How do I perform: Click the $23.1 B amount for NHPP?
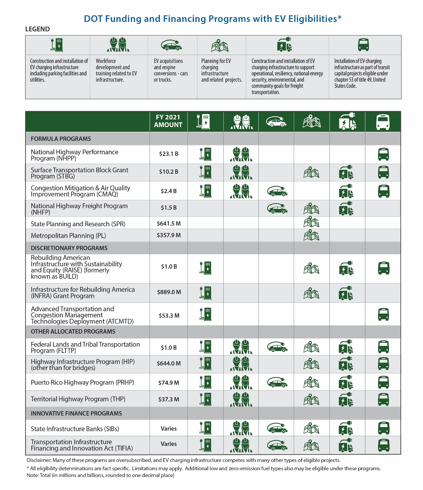click(x=168, y=154)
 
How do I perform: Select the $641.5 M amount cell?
click(x=168, y=224)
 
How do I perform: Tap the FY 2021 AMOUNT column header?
click(x=168, y=121)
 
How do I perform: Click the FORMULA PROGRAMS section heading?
click(x=61, y=139)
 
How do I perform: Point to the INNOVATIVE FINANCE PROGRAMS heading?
click(x=76, y=413)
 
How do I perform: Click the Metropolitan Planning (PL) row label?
click(x=68, y=236)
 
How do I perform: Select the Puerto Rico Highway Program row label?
click(x=82, y=383)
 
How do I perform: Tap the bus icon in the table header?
click(x=383, y=122)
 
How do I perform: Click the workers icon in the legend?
click(x=118, y=45)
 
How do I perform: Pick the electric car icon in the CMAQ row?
click(x=277, y=191)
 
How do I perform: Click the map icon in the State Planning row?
click(x=311, y=222)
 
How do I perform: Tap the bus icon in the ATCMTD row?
click(x=383, y=314)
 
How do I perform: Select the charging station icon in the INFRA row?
click(x=205, y=293)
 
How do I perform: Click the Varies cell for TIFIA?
click(x=168, y=444)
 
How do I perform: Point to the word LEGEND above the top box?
click(x=38, y=29)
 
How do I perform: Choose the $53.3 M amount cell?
click(x=169, y=316)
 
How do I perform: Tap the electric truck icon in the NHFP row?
click(x=346, y=208)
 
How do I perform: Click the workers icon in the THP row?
click(x=241, y=399)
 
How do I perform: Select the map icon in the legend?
click(x=220, y=45)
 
